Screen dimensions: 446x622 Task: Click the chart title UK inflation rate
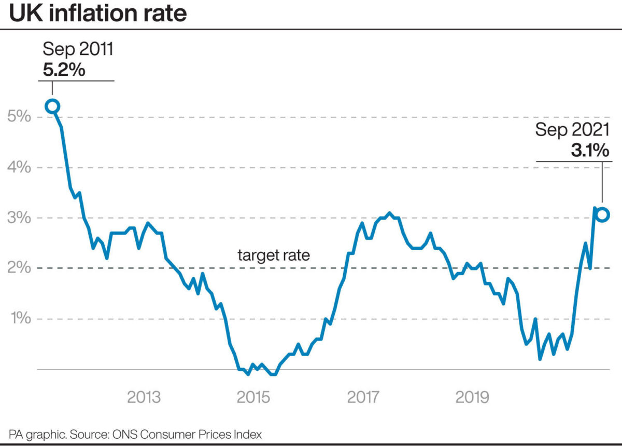click(97, 13)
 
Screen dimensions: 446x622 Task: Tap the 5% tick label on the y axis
click(19, 117)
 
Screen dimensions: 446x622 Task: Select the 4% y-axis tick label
click(19, 168)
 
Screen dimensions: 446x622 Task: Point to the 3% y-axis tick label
click(19, 218)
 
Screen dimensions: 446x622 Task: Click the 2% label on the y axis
click(19, 268)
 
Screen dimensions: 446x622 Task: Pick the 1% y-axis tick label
click(19, 319)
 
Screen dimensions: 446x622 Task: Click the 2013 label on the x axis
click(144, 398)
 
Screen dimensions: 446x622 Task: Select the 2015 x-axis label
click(254, 398)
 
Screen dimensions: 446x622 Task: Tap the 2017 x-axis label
click(363, 398)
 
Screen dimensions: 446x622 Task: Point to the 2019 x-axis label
click(473, 398)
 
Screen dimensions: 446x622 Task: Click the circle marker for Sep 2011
click(52, 106)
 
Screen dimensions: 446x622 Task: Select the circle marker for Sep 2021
click(602, 214)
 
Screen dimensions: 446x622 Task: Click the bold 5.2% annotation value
click(64, 70)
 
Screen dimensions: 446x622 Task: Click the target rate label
click(274, 255)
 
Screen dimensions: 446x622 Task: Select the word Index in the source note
click(248, 434)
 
